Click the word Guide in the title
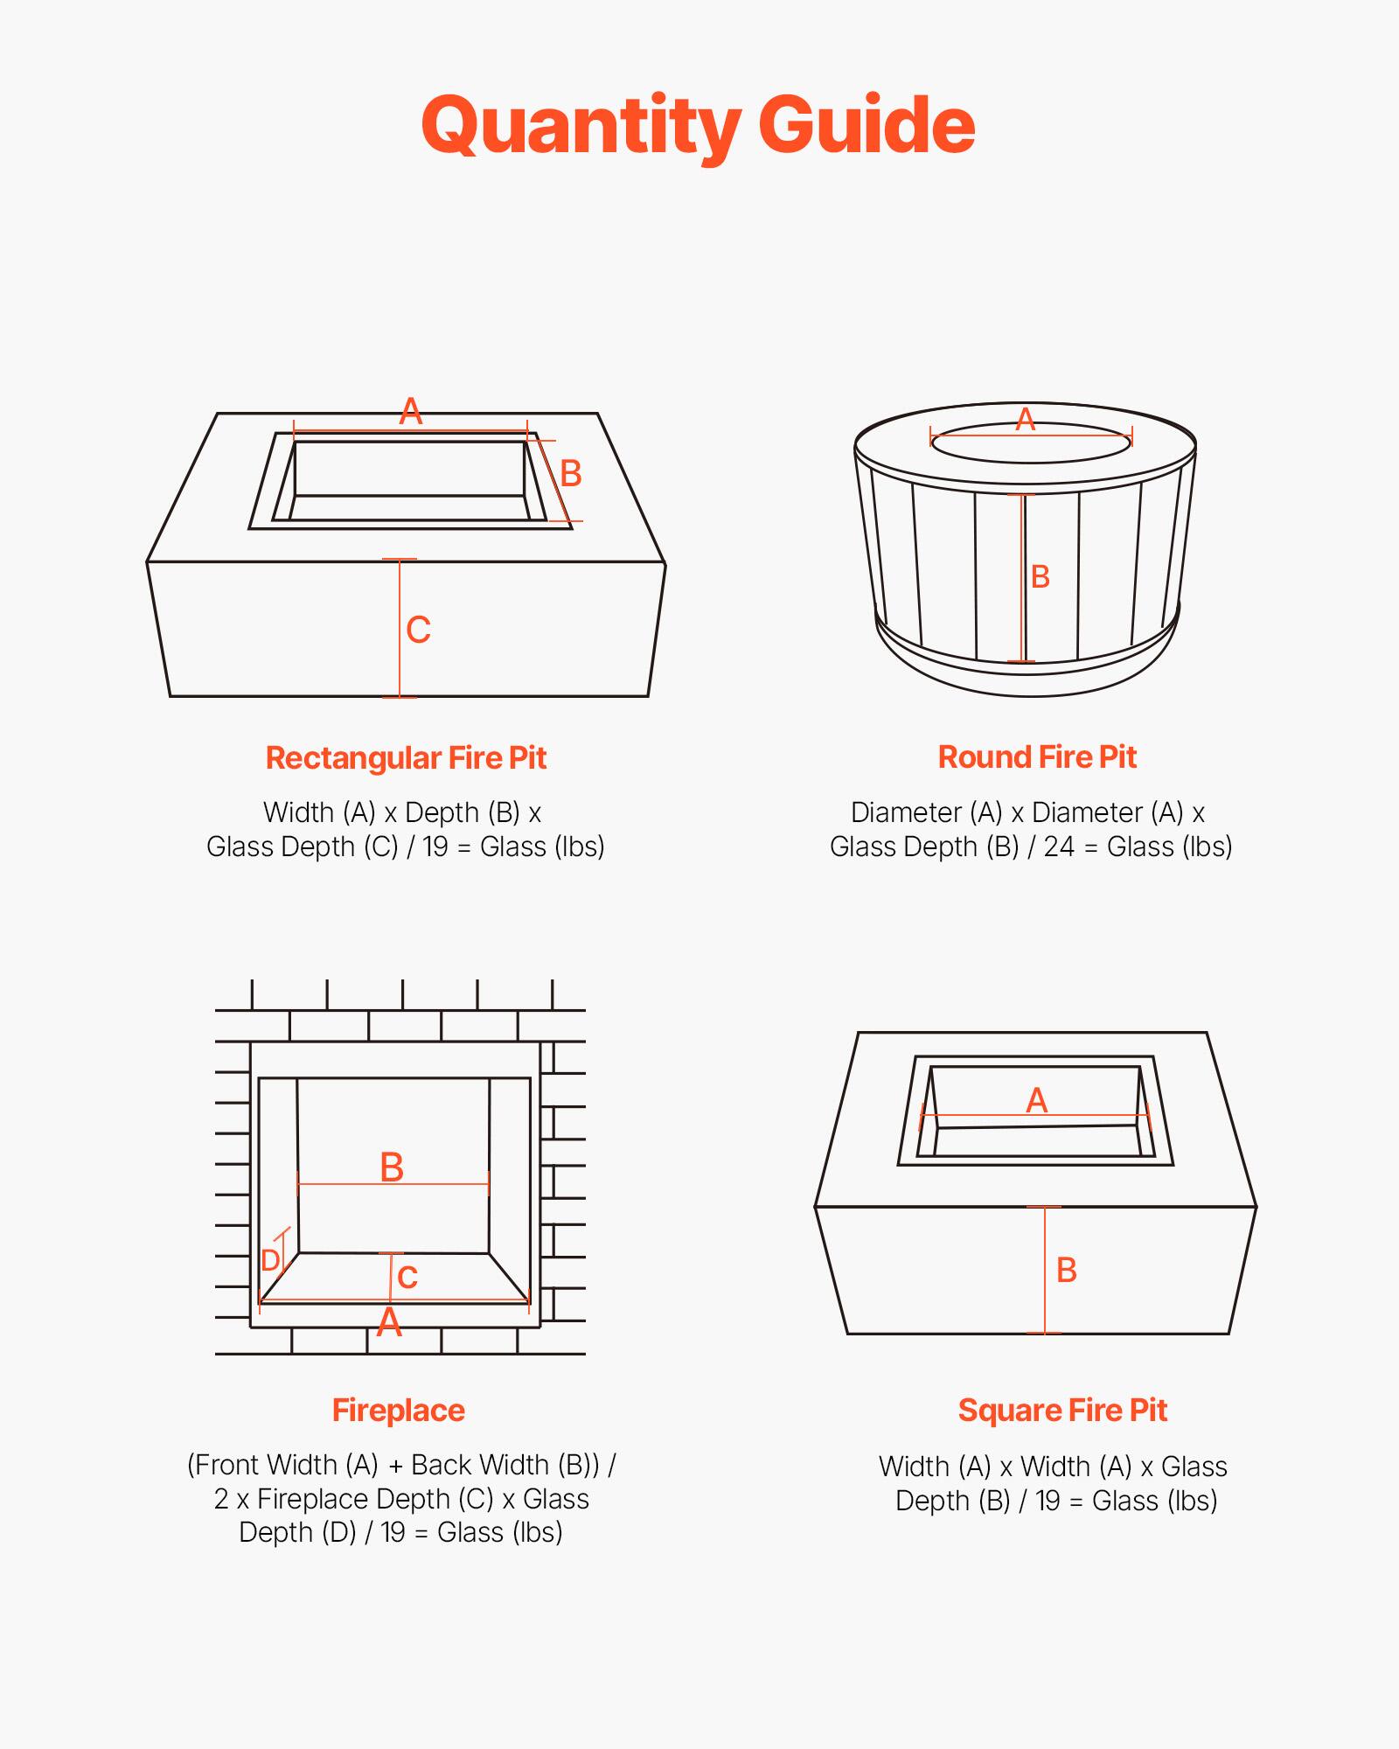pos(866,125)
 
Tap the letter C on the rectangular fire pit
pos(418,630)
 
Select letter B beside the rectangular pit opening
pos(570,474)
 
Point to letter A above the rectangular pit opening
pos(410,411)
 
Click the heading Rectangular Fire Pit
pos(406,757)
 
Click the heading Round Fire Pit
pos(1037,756)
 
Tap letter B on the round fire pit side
pos(1040,577)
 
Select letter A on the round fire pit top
pos(1025,420)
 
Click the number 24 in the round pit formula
pos(1058,847)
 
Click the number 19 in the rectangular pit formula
pos(435,847)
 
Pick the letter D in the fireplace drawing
pos(270,1260)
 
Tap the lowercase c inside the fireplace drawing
pos(407,1277)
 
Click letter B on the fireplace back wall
pos(392,1167)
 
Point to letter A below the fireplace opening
pos(389,1322)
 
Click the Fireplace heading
pos(398,1410)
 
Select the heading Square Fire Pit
pos(1062,1410)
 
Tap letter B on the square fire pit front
pos(1066,1270)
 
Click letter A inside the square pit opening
pos(1036,1100)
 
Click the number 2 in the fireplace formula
pos(221,1499)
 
